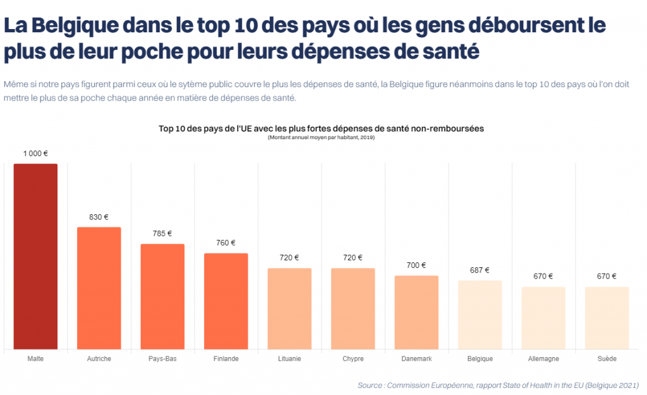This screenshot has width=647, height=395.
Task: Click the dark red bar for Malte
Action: click(x=35, y=256)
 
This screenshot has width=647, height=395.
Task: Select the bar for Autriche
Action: click(x=99, y=288)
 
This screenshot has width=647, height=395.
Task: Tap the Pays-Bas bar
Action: click(x=162, y=296)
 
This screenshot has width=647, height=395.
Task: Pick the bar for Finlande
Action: click(x=226, y=301)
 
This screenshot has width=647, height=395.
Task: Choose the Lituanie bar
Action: click(x=289, y=308)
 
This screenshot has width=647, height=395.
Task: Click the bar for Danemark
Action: click(x=416, y=312)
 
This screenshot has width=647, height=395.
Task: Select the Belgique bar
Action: click(x=480, y=314)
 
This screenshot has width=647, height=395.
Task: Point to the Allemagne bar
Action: click(x=543, y=317)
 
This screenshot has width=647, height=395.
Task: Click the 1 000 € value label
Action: click(x=35, y=154)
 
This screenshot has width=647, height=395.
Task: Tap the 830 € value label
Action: click(x=99, y=217)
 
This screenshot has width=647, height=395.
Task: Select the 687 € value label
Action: click(x=480, y=270)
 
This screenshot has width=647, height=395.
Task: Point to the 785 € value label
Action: click(x=162, y=234)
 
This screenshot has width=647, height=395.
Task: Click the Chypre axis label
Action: click(x=353, y=359)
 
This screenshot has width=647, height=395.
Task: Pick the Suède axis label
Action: click(x=607, y=359)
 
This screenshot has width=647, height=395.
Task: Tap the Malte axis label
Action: click(x=35, y=359)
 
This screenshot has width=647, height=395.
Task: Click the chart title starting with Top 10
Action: click(x=321, y=128)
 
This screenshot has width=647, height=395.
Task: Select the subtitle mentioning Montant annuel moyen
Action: click(x=321, y=137)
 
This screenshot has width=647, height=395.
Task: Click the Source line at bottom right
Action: click(x=498, y=385)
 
